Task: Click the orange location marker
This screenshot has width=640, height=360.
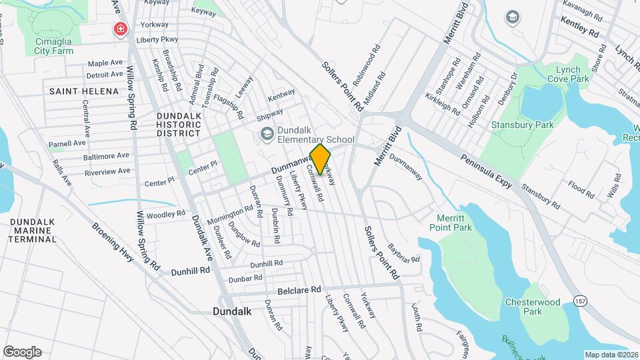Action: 321,160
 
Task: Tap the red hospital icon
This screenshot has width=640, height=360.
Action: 121,29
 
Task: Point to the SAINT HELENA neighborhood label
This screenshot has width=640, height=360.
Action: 74,91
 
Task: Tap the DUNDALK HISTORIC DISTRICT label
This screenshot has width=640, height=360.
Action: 178,124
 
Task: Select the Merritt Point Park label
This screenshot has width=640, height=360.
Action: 454,223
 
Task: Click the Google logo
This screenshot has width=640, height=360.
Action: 22,352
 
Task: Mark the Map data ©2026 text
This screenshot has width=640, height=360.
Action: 611,355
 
